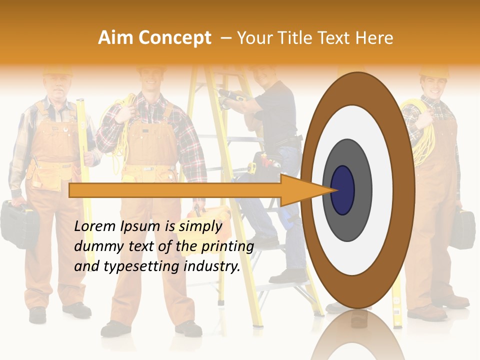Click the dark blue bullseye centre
click(342, 190)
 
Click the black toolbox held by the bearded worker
click(17, 222)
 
